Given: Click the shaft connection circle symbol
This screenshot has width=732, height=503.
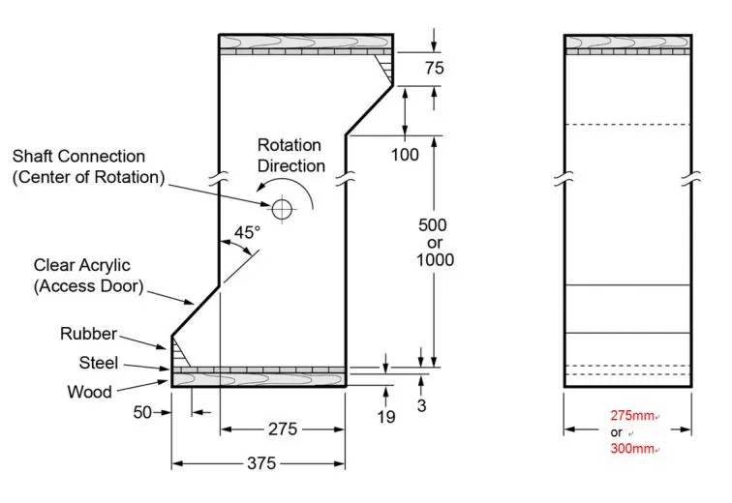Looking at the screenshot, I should tap(282, 208).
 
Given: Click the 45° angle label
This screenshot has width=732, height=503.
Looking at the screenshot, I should tap(247, 232).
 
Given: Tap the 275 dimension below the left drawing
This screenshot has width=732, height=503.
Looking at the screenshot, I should tap(282, 429).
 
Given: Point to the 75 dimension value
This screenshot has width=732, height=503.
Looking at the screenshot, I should tap(435, 68).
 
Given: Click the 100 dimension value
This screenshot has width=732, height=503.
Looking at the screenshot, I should tap(404, 155).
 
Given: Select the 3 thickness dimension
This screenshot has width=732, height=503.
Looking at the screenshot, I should tap(421, 405).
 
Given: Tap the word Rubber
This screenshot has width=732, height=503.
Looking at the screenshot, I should tap(88, 334).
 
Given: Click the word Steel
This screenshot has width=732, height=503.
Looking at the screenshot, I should tap(98, 364).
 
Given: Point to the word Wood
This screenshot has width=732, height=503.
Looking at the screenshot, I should tap(89, 392).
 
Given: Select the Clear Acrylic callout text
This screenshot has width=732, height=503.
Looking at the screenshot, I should tap(88, 275).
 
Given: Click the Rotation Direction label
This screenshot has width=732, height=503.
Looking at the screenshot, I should tap(290, 156).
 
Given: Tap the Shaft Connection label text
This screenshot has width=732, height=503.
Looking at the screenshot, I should tap(88, 166).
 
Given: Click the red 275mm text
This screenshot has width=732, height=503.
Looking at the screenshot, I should tap(631, 416).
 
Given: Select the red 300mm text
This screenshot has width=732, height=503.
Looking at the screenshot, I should tap(631, 449).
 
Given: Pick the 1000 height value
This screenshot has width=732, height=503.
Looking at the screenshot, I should tap(435, 259).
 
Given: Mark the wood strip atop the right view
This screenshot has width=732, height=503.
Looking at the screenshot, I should tap(626, 41).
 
